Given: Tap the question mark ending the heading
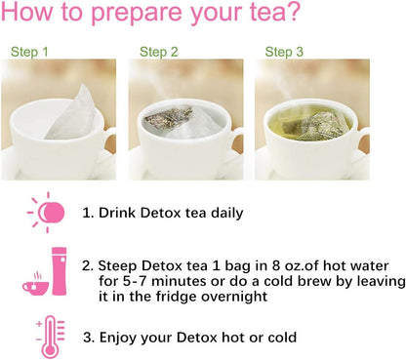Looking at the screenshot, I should pos(292,15).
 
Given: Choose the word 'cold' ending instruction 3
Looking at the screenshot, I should pos(277,338).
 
